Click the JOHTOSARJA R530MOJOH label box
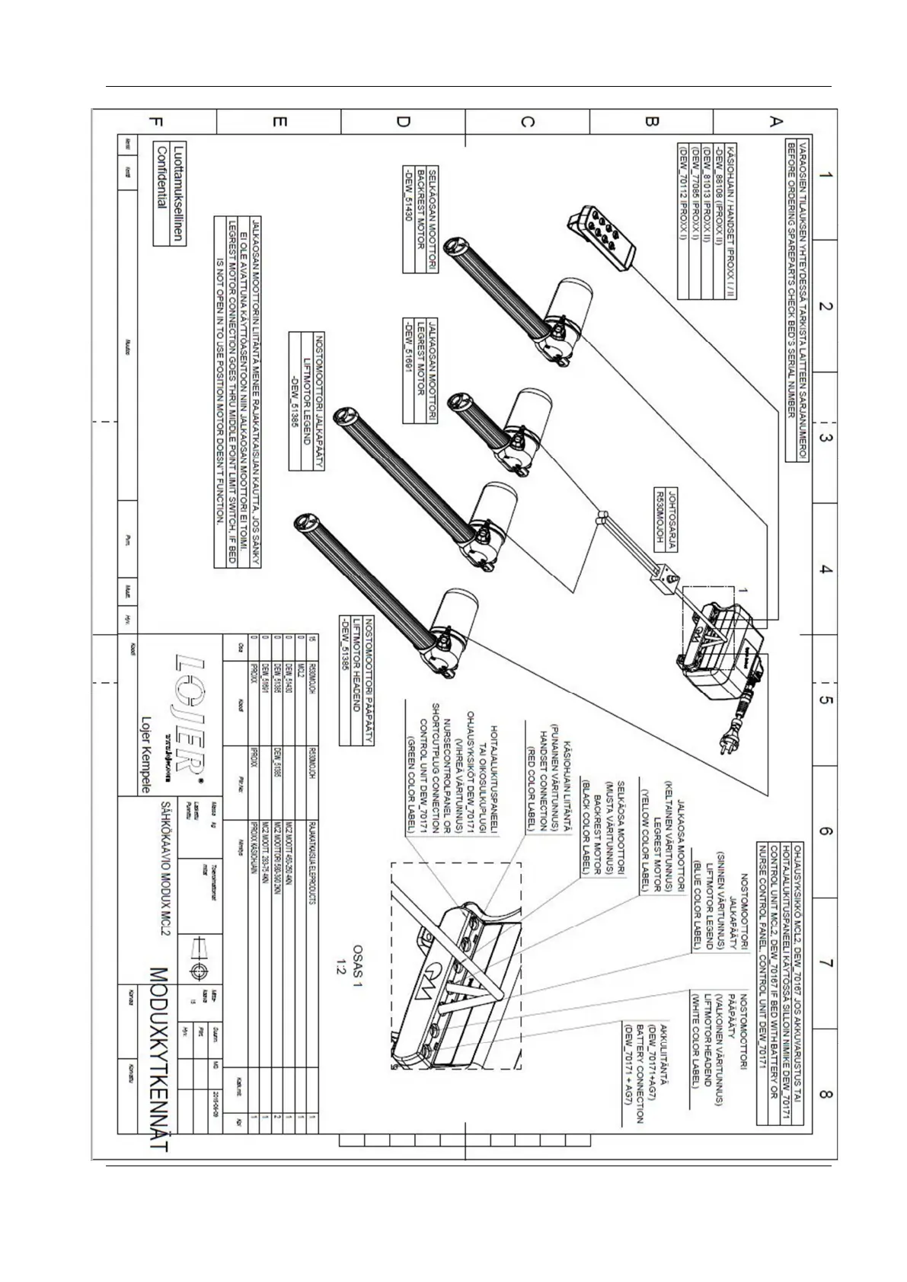pyautogui.click(x=666, y=518)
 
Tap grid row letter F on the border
pyautogui.click(x=156, y=122)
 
